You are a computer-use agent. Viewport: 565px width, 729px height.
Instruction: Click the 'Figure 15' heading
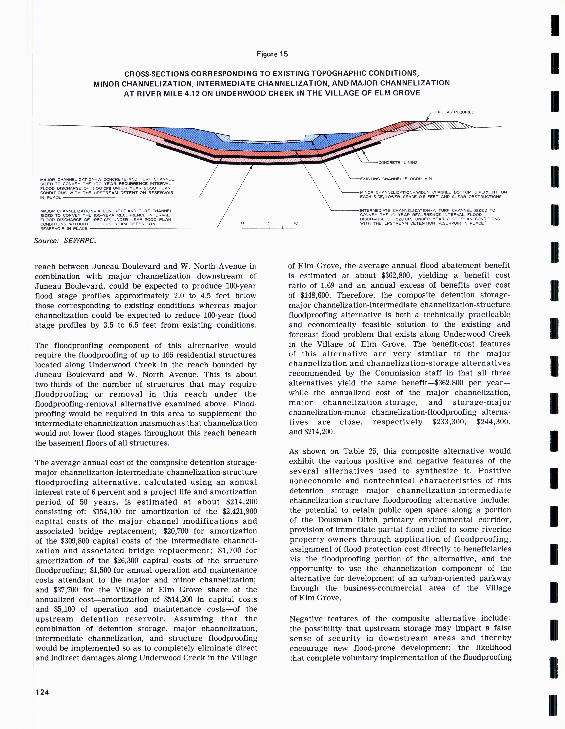point(272,54)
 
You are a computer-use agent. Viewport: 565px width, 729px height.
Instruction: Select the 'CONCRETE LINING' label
point(398,163)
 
